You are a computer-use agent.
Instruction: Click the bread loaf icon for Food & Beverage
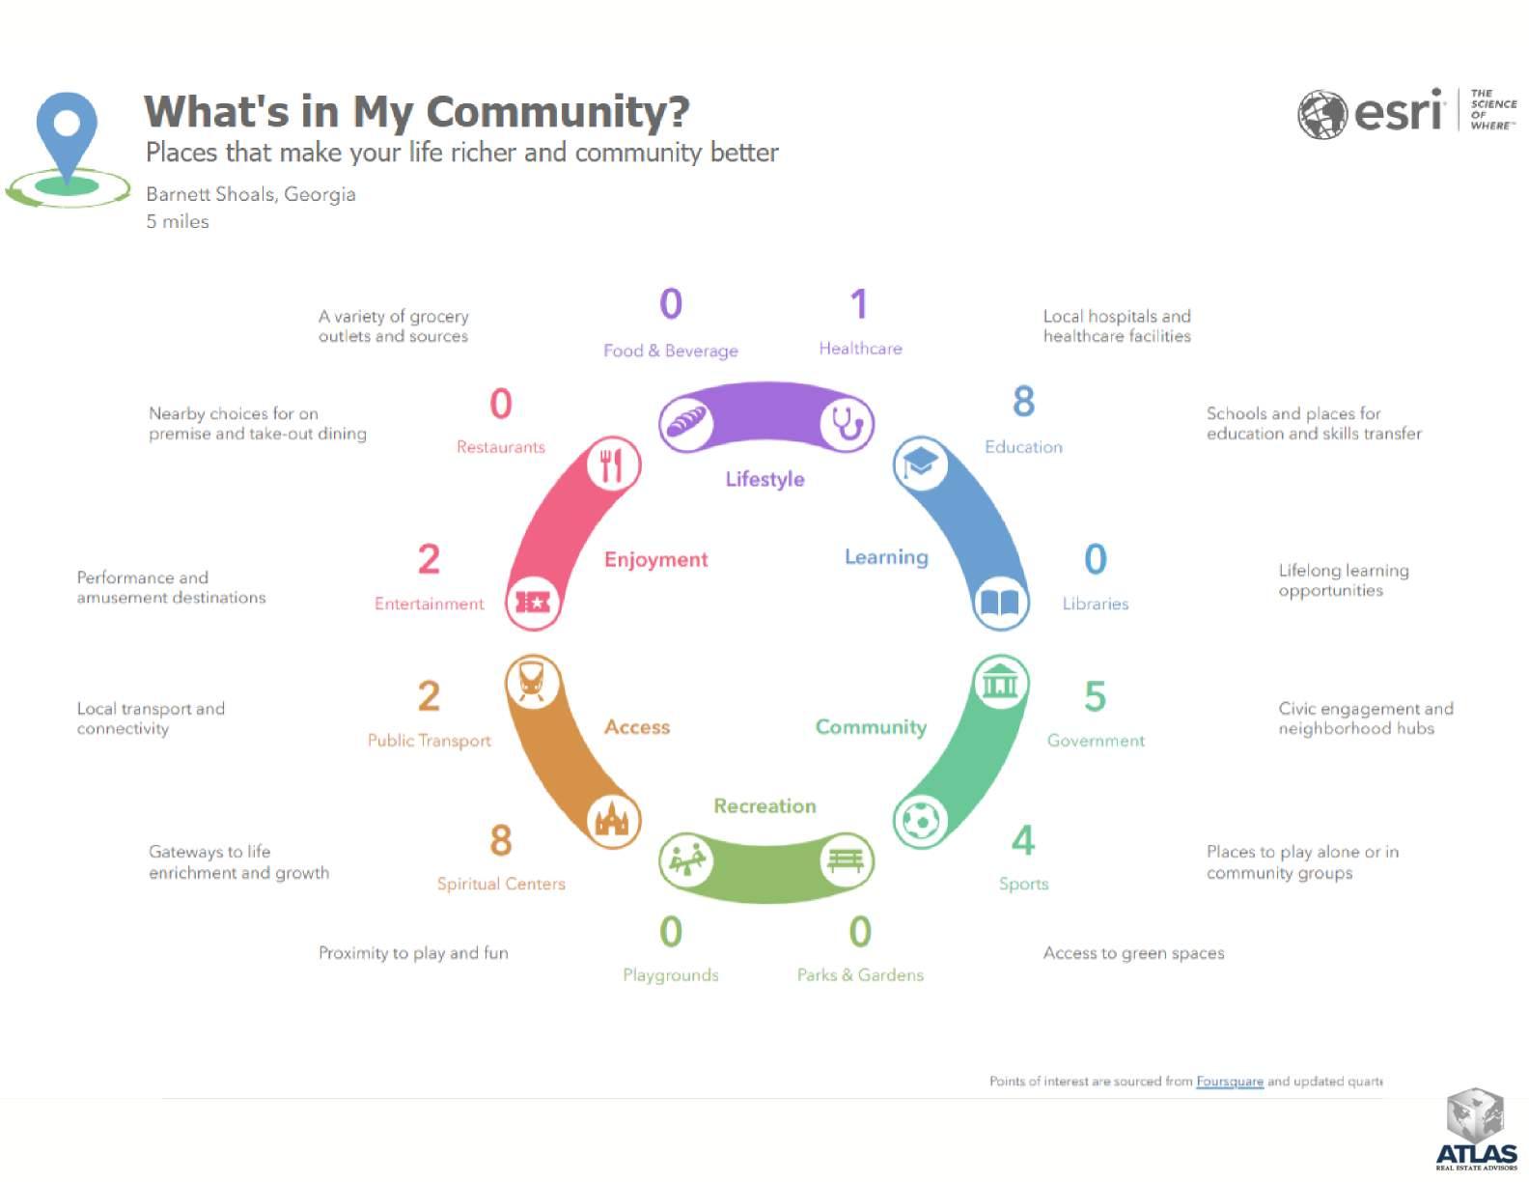(x=686, y=423)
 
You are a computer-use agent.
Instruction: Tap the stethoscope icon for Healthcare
(x=847, y=423)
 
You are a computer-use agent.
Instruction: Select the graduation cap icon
(x=920, y=464)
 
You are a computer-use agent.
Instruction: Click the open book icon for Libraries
(x=1000, y=603)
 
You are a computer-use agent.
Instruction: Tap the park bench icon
(x=847, y=860)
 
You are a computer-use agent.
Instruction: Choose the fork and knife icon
(x=613, y=464)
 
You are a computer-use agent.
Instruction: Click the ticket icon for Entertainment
(x=533, y=603)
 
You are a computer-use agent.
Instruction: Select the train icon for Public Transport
(x=533, y=683)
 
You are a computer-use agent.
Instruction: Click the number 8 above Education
(x=1023, y=402)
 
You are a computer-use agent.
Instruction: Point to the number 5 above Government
(x=1095, y=696)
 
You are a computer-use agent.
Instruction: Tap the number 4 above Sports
(x=1022, y=840)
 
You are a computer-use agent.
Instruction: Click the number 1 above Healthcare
(x=858, y=304)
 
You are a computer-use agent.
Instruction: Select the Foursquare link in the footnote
(x=1229, y=1082)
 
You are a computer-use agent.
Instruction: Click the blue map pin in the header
(x=67, y=135)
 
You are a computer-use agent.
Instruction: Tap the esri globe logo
(x=1321, y=115)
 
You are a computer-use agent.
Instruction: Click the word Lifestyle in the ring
(x=764, y=479)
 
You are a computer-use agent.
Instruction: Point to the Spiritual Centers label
(x=501, y=884)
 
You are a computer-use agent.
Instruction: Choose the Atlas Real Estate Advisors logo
(x=1476, y=1129)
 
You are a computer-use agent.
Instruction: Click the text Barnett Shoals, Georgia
(x=251, y=194)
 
